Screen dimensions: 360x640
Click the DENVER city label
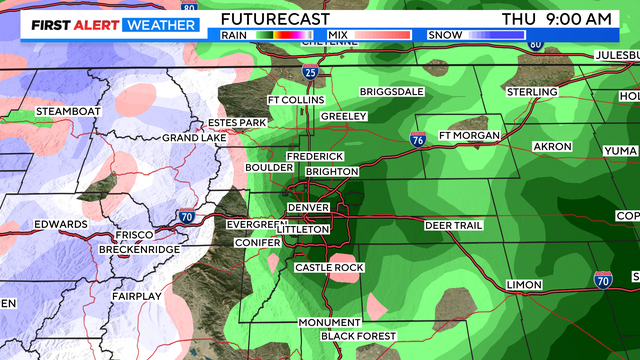pyautogui.click(x=308, y=207)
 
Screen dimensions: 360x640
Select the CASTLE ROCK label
pyautogui.click(x=329, y=268)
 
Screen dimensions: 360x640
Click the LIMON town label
pyautogui.click(x=525, y=285)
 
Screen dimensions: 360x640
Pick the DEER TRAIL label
pyautogui.click(x=453, y=226)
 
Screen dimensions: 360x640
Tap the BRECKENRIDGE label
pyautogui.click(x=139, y=249)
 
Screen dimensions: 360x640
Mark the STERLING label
pyautogui.click(x=532, y=92)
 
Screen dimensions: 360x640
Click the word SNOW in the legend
pyautogui.click(x=444, y=35)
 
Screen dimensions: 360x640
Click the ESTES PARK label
pyautogui.click(x=237, y=123)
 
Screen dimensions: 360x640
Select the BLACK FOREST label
pyautogui.click(x=359, y=336)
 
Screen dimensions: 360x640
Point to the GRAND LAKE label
pyautogui.click(x=194, y=137)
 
